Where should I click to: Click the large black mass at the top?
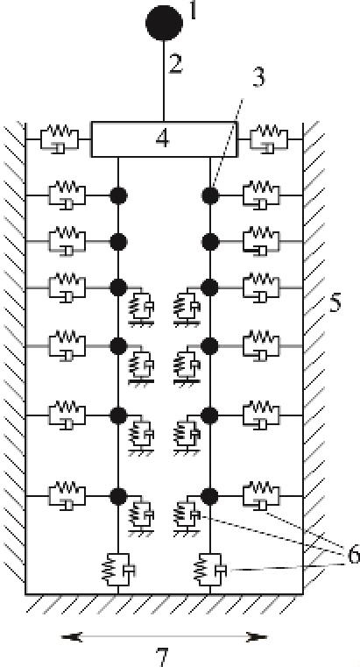[164, 23]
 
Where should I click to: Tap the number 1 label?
[194, 11]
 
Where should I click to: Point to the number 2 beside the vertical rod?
[175, 64]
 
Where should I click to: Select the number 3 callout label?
[258, 77]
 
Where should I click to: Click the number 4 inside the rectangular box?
[163, 138]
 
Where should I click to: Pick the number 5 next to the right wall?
[335, 304]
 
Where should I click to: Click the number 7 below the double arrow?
[163, 657]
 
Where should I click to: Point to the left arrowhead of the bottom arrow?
[71, 637]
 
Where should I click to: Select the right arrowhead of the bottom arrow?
[257, 637]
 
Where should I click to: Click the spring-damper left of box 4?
[59, 139]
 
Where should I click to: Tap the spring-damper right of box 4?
[269, 139]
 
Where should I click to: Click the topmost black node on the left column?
[118, 195]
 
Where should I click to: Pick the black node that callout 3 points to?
[210, 195]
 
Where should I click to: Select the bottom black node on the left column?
[118, 496]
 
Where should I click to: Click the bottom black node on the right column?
[210, 496]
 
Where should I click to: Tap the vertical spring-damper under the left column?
[118, 570]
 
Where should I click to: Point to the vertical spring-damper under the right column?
[210, 570]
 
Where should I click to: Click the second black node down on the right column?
[210, 242]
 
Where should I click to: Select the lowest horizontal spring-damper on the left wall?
[67, 496]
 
